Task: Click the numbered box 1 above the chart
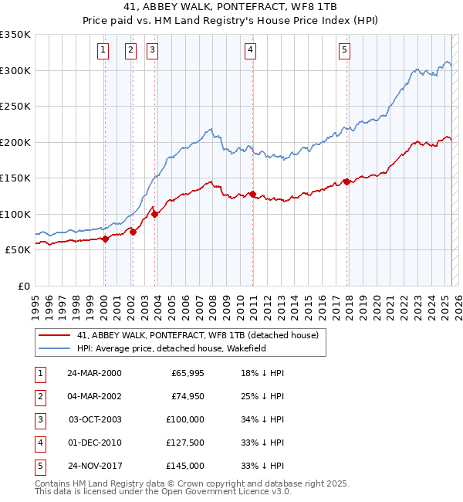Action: (x=103, y=51)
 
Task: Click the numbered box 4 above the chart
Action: (x=252, y=51)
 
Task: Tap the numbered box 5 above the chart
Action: (x=344, y=51)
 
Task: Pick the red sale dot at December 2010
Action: (x=252, y=194)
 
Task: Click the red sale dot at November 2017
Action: (x=347, y=181)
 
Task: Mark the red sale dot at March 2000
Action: (x=106, y=239)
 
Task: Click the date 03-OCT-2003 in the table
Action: (x=95, y=419)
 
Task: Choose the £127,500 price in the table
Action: (x=185, y=443)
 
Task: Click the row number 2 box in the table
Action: (x=39, y=396)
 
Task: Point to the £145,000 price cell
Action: (x=185, y=466)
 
